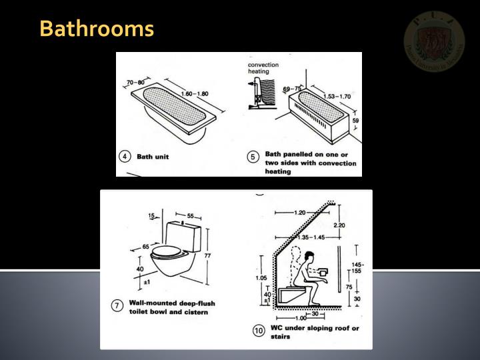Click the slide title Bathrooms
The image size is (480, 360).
pyautogui.click(x=96, y=29)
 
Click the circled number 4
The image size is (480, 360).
pyautogui.click(x=125, y=157)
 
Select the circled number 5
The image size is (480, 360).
pyautogui.click(x=252, y=157)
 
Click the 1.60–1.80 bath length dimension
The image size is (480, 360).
pyautogui.click(x=193, y=95)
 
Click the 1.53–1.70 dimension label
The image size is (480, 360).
pyautogui.click(x=337, y=96)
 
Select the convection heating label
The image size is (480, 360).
pyautogui.click(x=263, y=68)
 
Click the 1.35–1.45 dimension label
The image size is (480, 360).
pyautogui.click(x=310, y=236)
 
